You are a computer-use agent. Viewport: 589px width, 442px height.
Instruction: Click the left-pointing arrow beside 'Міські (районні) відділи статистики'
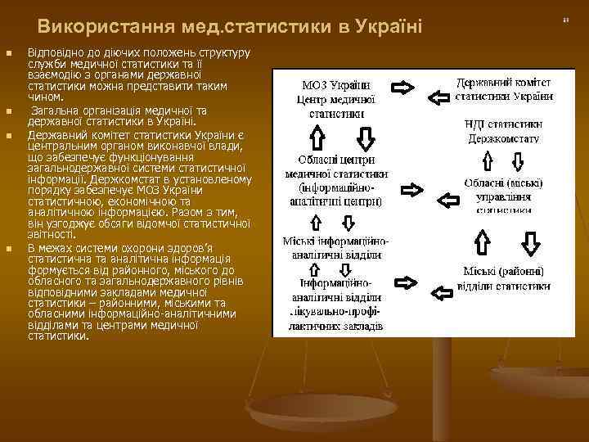[443, 292]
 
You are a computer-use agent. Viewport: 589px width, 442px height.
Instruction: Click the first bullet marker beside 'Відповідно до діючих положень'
[10, 56]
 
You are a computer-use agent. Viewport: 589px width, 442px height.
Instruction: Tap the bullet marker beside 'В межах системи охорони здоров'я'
[10, 249]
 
